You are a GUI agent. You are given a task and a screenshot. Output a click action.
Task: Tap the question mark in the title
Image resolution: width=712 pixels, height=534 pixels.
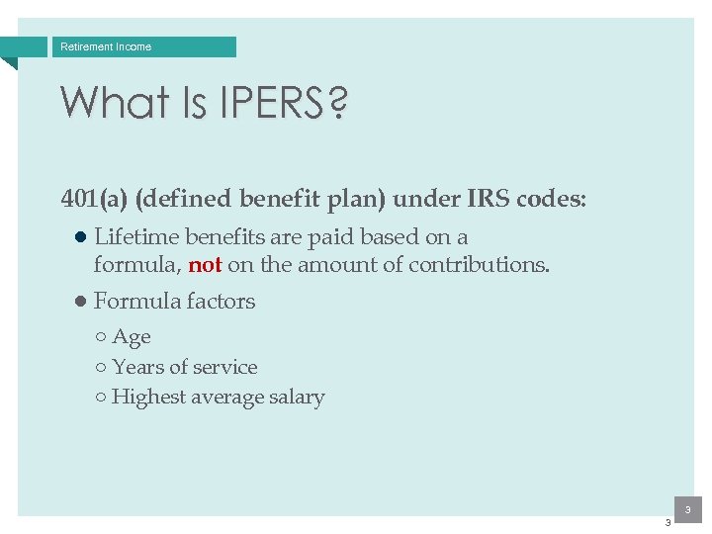tap(336, 102)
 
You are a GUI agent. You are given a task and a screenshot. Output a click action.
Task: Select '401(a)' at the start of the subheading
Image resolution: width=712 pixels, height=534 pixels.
tap(94, 199)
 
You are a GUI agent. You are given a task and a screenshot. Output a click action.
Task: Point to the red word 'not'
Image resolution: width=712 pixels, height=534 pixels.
tap(205, 265)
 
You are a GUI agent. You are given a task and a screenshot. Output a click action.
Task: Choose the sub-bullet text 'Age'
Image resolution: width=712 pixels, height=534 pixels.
tap(132, 337)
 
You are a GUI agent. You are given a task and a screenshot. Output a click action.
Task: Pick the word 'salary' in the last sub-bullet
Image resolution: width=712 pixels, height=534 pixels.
tap(297, 398)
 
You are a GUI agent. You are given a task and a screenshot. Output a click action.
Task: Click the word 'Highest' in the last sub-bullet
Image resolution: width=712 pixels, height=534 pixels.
tap(148, 398)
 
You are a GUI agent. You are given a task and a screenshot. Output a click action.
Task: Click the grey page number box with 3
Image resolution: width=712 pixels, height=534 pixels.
tap(686, 508)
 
